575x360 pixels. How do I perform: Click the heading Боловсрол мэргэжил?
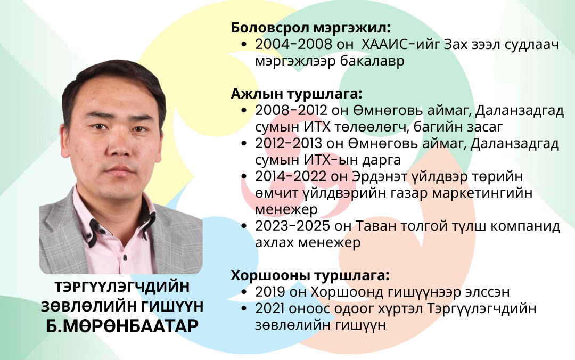point(310,28)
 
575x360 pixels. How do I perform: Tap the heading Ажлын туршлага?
point(297,94)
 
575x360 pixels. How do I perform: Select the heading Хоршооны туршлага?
point(310,275)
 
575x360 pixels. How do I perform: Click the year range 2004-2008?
point(293,44)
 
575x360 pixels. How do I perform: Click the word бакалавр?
point(372,61)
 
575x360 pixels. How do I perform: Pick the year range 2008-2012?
point(291,110)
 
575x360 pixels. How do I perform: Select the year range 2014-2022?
point(291,176)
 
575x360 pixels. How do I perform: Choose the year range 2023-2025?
point(293,226)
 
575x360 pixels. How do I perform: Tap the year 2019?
point(270,292)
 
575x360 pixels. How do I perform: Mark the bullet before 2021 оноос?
point(244,309)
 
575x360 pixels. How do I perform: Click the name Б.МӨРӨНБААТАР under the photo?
point(122,325)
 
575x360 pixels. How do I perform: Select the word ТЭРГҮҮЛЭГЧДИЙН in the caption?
point(122,287)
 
